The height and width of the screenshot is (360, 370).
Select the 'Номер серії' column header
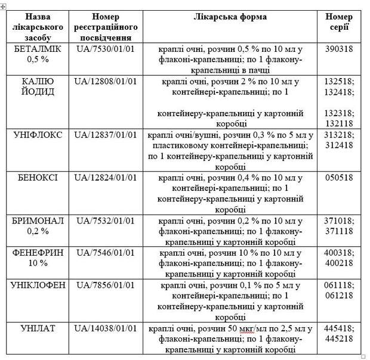click(x=340, y=22)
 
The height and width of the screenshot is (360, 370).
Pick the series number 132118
click(x=340, y=123)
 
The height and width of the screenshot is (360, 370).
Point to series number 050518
click(x=340, y=178)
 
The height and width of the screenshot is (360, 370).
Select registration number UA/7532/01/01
click(x=106, y=221)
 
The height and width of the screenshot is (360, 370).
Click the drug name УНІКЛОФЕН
click(x=39, y=285)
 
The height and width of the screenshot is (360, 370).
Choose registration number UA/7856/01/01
click(x=106, y=285)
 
